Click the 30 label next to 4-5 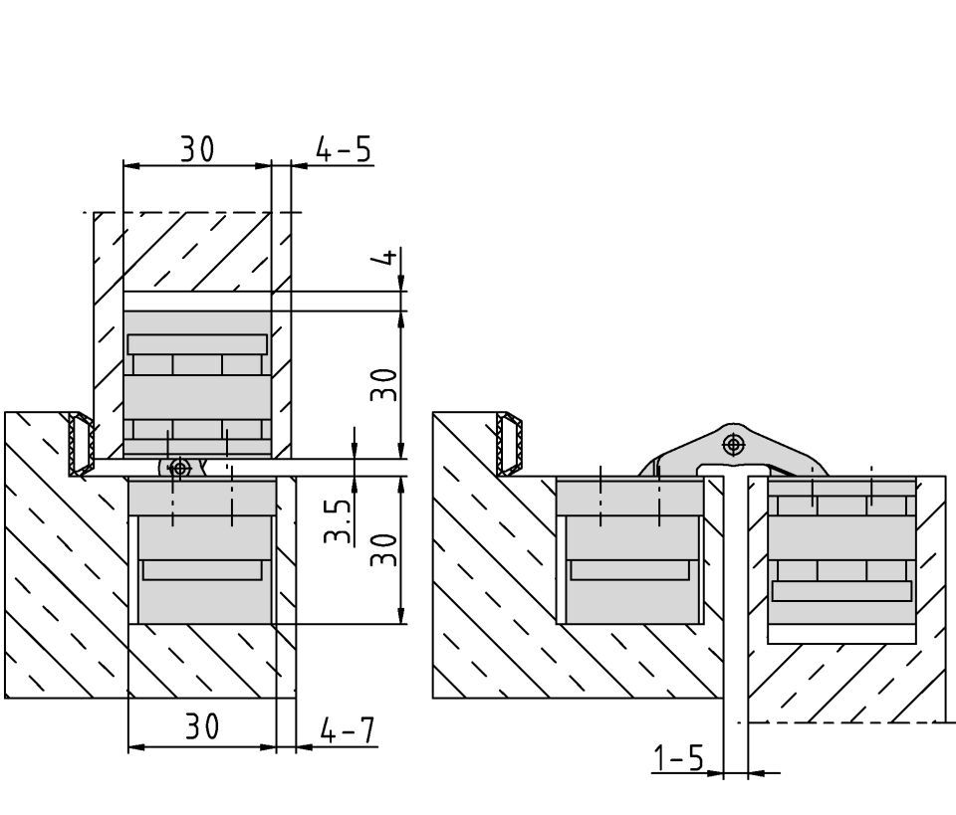pyautogui.click(x=197, y=148)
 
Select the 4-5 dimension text pyautogui.click(x=344, y=149)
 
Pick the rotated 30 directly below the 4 pyautogui.click(x=384, y=384)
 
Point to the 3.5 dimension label pyautogui.click(x=339, y=521)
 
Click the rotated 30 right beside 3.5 pyautogui.click(x=384, y=550)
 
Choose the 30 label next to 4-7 pyautogui.click(x=202, y=726)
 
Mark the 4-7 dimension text pyautogui.click(x=347, y=730)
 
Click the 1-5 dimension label pyautogui.click(x=678, y=758)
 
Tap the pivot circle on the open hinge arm pyautogui.click(x=734, y=445)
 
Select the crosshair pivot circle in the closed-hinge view pyautogui.click(x=179, y=468)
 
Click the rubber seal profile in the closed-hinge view pyautogui.click(x=81, y=444)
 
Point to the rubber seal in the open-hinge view pyautogui.click(x=510, y=444)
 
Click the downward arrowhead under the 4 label pyautogui.click(x=401, y=284)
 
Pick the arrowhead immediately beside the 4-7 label pyautogui.click(x=305, y=746)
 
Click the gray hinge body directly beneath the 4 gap pyautogui.click(x=197, y=384)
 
